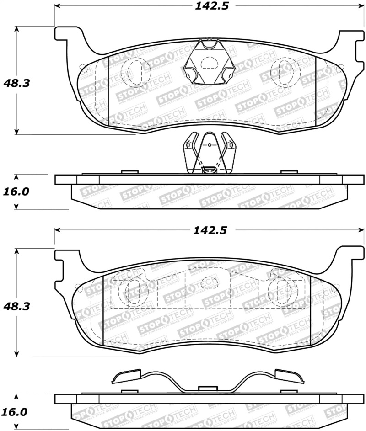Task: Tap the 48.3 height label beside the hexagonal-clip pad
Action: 16,83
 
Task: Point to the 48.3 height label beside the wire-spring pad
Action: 16,306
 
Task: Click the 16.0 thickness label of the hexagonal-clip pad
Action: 16,192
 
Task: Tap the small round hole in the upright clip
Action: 209,145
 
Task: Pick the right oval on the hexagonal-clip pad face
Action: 283,70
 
